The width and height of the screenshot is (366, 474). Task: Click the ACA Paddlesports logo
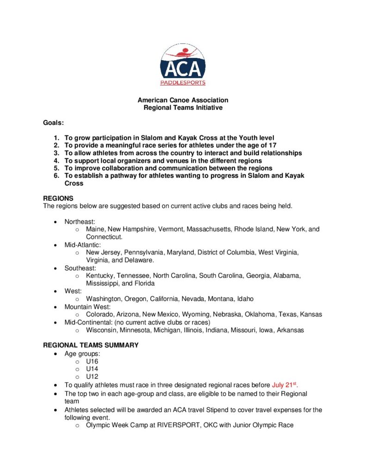pyautogui.click(x=183, y=64)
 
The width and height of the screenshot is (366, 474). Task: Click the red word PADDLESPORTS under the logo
pyautogui.click(x=183, y=83)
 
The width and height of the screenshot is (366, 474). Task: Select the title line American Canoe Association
pyautogui.click(x=183, y=100)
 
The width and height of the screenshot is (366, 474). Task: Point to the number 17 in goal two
pyautogui.click(x=272, y=145)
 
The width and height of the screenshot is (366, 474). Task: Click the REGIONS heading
pyautogui.click(x=58, y=198)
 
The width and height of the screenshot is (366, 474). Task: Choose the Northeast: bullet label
pyautogui.click(x=80, y=222)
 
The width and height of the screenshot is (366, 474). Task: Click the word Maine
pyautogui.click(x=95, y=229)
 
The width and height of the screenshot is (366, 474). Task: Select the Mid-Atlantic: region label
pyautogui.click(x=82, y=244)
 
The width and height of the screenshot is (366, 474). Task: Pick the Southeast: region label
pyautogui.click(x=80, y=268)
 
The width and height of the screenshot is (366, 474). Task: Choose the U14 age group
pyautogui.click(x=92, y=369)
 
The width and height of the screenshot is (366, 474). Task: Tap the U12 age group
pyautogui.click(x=92, y=377)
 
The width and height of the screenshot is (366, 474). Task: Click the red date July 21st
pyautogui.click(x=285, y=385)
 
